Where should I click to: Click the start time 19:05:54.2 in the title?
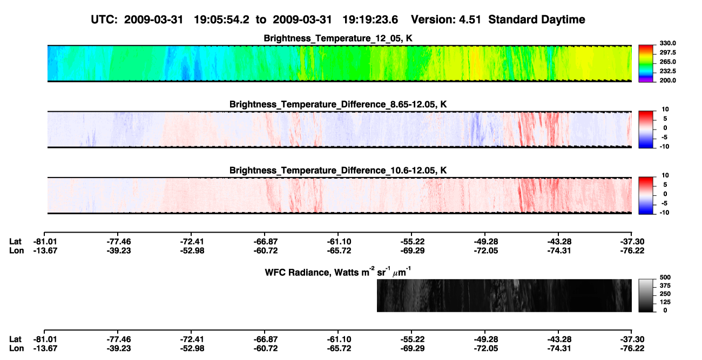click(221, 20)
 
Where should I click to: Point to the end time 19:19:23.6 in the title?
click(370, 20)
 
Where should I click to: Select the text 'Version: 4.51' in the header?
click(446, 20)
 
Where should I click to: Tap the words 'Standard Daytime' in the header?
click(537, 20)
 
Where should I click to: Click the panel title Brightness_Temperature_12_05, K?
click(338, 38)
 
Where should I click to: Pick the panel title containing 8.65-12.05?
click(338, 104)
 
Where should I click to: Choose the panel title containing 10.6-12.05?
click(338, 171)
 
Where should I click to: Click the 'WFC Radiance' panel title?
click(338, 272)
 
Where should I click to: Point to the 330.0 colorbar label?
click(667, 43)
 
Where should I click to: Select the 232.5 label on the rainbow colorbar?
click(667, 71)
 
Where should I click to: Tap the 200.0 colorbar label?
click(667, 80)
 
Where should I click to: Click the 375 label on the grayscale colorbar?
click(665, 286)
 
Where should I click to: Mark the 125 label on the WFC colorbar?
click(665, 302)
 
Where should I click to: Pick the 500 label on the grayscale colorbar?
click(665, 277)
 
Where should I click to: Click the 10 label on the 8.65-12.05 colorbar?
click(665, 110)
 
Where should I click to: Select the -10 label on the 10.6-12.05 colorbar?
click(664, 213)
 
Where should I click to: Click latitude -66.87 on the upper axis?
click(265, 242)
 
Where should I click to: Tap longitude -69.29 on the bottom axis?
click(413, 349)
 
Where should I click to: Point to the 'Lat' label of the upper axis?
click(15, 242)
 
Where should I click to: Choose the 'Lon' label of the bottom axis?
click(16, 349)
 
